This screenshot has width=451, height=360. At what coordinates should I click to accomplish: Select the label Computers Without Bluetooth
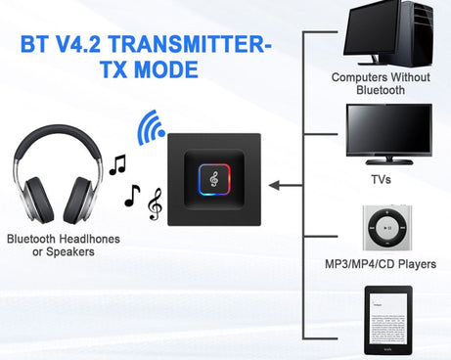pos(382,83)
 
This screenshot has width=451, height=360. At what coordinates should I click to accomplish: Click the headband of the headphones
pos(64,137)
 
